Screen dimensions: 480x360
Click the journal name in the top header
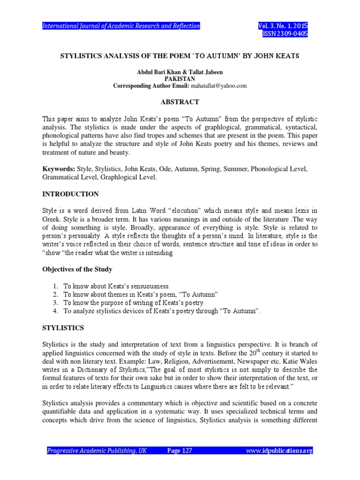click(121, 26)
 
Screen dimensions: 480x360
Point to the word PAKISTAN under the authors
click(180, 80)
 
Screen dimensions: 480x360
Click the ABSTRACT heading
click(180, 102)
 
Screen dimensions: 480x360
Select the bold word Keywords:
click(58, 168)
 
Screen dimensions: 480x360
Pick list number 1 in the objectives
click(55, 286)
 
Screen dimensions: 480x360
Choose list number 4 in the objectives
click(55, 311)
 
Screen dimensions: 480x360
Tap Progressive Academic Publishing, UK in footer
click(97, 451)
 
